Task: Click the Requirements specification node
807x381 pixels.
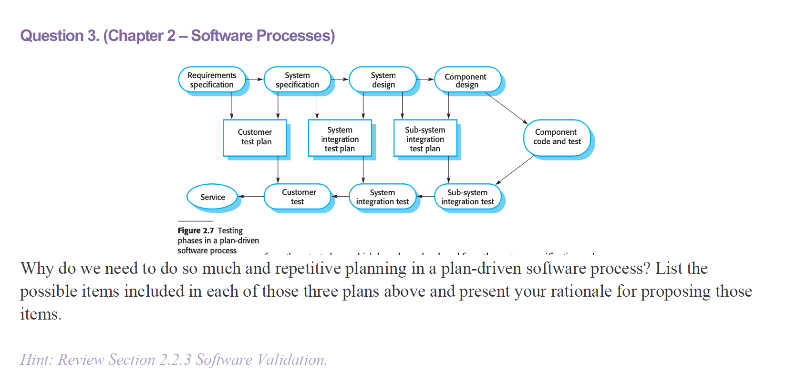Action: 212,80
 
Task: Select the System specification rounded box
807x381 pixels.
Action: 297,80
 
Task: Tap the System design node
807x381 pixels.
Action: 383,80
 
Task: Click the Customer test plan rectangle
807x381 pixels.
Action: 255,138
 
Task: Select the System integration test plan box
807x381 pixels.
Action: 340,139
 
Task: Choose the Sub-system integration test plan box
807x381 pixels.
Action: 425,139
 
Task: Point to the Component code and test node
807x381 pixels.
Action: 557,137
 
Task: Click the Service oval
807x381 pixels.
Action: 212,197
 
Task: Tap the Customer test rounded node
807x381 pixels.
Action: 298,197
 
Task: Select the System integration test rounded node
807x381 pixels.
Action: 383,197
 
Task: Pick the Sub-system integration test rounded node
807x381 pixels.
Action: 467,197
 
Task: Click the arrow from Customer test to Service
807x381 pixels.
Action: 251,196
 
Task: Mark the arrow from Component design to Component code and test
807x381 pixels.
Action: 507,108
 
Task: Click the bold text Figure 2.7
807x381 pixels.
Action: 196,231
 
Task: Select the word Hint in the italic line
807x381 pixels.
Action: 35,360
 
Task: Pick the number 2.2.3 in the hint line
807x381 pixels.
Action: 176,360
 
